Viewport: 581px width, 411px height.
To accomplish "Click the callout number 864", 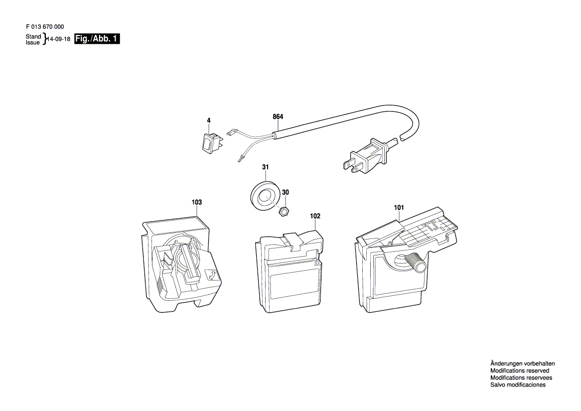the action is coord(278,117).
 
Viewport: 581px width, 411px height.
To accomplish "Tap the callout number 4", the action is coord(209,121).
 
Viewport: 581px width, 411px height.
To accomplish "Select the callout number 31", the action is coord(265,167).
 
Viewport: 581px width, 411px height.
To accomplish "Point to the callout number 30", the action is coord(286,192).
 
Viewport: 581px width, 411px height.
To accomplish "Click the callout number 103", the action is coord(197,202).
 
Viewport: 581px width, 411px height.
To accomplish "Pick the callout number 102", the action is coord(315,216).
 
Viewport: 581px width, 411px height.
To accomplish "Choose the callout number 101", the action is coord(399,207).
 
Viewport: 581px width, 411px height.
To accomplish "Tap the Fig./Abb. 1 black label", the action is coord(97,39).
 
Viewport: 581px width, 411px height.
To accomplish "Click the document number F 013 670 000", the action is coord(45,27).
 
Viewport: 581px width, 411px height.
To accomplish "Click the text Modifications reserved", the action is coord(520,371).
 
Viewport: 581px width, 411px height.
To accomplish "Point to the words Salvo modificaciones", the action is coord(518,385).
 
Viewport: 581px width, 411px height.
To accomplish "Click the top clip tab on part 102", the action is coord(293,241).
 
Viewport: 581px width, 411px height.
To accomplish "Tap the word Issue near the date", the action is coord(32,43).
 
